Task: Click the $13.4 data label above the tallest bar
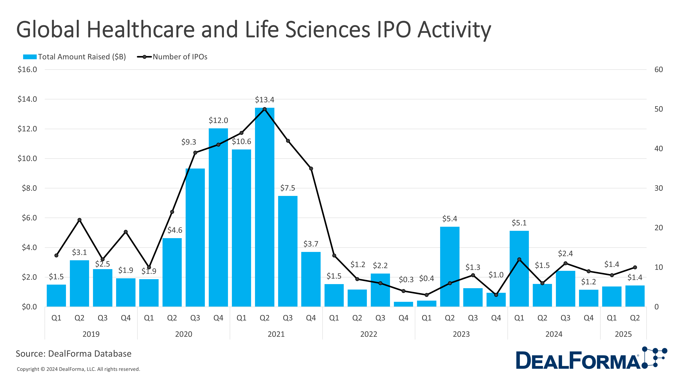pyautogui.click(x=265, y=100)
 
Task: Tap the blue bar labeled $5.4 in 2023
pyautogui.click(x=449, y=267)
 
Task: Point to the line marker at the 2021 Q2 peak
pyautogui.click(x=265, y=109)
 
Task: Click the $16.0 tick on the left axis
pyautogui.click(x=27, y=69)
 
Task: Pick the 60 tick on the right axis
pyautogui.click(x=658, y=69)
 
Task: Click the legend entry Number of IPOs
pyautogui.click(x=180, y=57)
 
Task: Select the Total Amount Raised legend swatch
pyautogui.click(x=30, y=57)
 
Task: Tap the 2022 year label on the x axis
pyautogui.click(x=369, y=334)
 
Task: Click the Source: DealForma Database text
pyautogui.click(x=74, y=354)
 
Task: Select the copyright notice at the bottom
pyautogui.click(x=78, y=369)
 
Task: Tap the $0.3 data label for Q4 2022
pyautogui.click(x=406, y=279)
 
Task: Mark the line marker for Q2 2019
pyautogui.click(x=79, y=220)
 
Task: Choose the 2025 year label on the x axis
pyautogui.click(x=623, y=334)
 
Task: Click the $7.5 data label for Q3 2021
pyautogui.click(x=287, y=188)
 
